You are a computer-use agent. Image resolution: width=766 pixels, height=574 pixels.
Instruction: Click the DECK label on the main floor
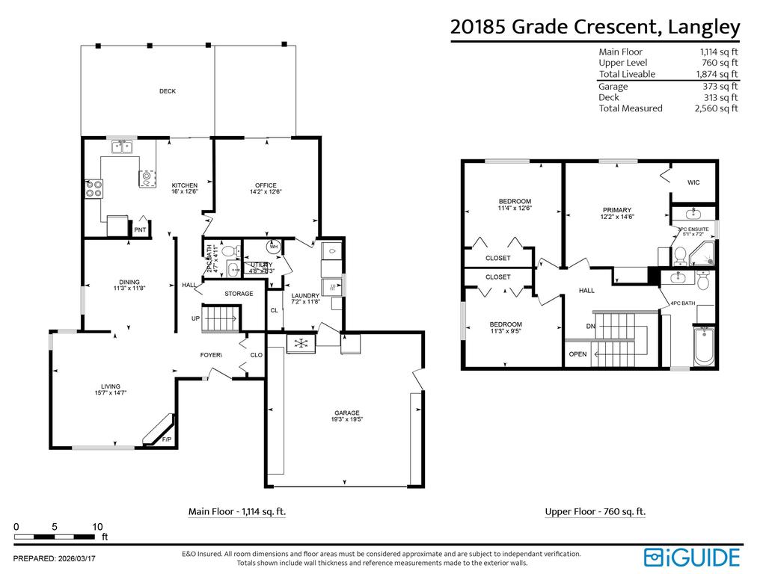pos(168,91)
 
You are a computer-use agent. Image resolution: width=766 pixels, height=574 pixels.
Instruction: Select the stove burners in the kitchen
pos(94,188)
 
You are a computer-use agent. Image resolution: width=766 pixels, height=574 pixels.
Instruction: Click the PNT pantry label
pos(140,230)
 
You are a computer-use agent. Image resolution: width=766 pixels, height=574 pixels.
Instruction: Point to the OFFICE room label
pos(266,185)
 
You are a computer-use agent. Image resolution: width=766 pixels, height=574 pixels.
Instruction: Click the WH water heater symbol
pos(273,246)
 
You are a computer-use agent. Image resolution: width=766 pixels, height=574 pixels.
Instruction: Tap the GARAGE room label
pos(347,413)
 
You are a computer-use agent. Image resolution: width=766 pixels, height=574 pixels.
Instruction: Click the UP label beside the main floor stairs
pos(196,318)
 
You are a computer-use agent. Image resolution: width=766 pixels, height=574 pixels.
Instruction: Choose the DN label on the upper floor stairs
pos(591,326)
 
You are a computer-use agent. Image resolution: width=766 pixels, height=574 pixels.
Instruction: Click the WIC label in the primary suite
pos(693,182)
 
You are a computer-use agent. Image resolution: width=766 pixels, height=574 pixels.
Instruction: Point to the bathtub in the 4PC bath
pos(705,347)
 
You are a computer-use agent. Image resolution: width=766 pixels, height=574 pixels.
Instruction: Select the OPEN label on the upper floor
pos(578,354)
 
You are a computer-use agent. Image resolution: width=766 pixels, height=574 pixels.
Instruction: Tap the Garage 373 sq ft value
pos(719,86)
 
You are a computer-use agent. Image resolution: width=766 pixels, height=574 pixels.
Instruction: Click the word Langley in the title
pos(704,27)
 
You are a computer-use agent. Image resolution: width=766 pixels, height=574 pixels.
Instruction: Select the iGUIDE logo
pos(692,557)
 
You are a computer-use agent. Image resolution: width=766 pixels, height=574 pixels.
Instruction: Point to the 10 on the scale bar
pos(97,526)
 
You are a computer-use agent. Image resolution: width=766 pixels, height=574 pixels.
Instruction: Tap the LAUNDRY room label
pos(305,296)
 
